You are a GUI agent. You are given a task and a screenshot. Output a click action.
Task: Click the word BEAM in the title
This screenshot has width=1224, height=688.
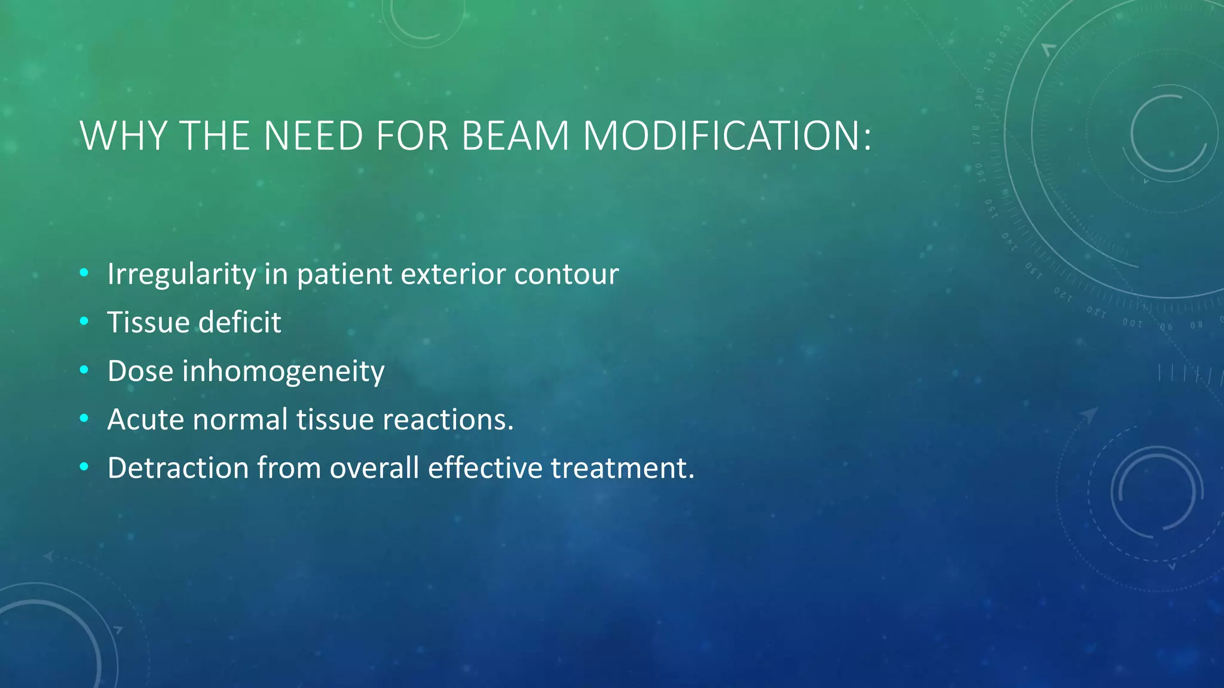(515, 136)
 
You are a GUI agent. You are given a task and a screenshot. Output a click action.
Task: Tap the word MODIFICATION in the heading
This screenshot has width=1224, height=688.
(726, 136)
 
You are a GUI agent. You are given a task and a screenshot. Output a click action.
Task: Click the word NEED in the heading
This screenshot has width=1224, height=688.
(313, 136)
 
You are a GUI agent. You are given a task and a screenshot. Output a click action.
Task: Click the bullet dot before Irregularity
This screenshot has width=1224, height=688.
(84, 273)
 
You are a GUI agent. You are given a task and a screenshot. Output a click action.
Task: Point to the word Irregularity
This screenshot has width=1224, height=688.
(182, 274)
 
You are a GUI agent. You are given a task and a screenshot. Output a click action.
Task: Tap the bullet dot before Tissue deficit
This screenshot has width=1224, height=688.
(84, 321)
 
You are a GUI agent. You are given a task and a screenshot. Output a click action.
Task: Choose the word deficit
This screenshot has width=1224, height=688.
(240, 322)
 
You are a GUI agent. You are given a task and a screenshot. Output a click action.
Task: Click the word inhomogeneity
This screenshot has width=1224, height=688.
(283, 371)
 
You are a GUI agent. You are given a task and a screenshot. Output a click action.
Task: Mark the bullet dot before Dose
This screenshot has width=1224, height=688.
(84, 370)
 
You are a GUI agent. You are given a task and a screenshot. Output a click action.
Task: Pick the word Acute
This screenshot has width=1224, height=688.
(146, 419)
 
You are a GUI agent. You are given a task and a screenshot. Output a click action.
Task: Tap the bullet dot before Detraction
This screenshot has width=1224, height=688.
(84, 466)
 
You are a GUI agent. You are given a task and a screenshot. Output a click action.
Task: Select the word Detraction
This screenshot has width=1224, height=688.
(178, 468)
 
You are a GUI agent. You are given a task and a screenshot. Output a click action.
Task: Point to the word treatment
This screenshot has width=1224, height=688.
(622, 468)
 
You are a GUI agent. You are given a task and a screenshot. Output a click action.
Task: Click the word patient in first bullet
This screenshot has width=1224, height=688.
(344, 274)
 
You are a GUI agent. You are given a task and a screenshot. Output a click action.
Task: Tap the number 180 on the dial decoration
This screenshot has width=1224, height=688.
(980, 98)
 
